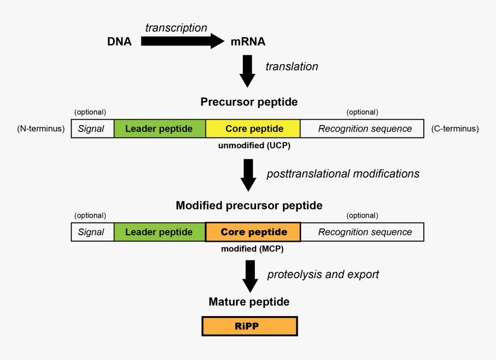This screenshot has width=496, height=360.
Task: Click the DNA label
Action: [119, 42]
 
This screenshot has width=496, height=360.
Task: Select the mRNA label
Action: [248, 42]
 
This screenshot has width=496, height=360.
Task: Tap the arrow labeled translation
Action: [248, 70]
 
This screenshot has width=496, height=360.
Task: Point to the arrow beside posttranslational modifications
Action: [248, 175]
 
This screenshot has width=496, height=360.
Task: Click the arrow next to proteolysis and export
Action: [250, 276]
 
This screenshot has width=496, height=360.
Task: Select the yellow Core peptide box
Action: [254, 129]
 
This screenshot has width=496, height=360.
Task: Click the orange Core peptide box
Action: [253, 232]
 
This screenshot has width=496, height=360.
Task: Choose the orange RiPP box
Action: [249, 326]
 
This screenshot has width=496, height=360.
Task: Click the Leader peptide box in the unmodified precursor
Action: [159, 129]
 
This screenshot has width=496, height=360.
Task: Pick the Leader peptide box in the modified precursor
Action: [159, 232]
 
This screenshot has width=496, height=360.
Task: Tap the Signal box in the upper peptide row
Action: [92, 129]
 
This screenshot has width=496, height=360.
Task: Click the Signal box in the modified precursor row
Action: [92, 232]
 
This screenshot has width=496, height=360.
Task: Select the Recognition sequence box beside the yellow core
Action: [365, 129]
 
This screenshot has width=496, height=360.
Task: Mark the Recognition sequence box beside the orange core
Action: [365, 232]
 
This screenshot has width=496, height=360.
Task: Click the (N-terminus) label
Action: [40, 129]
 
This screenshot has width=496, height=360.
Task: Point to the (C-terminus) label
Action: [455, 129]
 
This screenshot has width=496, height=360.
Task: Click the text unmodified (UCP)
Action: [254, 145]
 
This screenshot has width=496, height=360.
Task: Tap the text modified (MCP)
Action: [253, 249]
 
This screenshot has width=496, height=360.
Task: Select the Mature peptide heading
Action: [249, 302]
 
